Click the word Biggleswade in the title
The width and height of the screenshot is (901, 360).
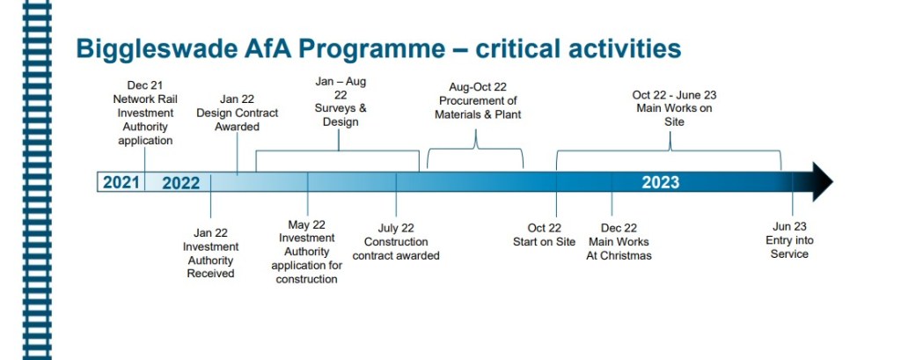(x=157, y=49)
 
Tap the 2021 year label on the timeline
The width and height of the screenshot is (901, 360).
(x=121, y=183)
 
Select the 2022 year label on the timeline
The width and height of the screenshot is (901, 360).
(x=181, y=183)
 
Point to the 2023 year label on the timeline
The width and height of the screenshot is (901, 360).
(x=660, y=183)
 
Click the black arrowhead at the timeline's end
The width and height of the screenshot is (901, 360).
(x=822, y=181)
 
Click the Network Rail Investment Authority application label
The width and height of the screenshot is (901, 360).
(x=145, y=113)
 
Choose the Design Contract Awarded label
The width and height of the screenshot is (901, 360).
(x=237, y=113)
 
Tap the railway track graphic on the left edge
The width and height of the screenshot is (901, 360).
(x=37, y=180)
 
